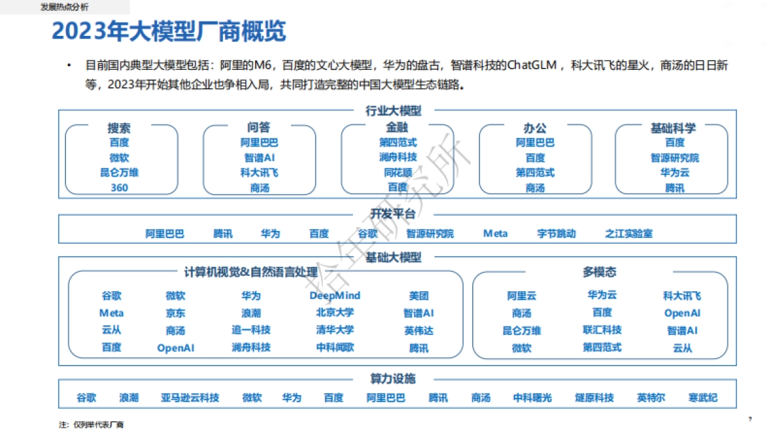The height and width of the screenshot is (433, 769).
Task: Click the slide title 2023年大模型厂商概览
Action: click(169, 31)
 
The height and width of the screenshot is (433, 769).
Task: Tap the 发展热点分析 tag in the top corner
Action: click(64, 6)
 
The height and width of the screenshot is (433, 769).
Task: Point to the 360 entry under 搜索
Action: click(119, 188)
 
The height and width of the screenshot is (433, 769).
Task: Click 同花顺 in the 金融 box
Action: click(397, 173)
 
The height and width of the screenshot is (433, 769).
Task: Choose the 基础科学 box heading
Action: click(673, 128)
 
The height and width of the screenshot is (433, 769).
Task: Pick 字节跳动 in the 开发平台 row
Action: click(556, 234)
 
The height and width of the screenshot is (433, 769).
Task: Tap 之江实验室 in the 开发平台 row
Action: click(629, 234)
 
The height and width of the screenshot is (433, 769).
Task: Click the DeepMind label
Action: click(335, 296)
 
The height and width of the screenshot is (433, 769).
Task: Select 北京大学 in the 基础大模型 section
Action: click(335, 313)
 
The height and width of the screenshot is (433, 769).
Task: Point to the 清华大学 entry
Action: click(335, 330)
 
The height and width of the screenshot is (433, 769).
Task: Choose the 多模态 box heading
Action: click(600, 272)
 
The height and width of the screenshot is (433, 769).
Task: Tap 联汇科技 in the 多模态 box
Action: click(602, 330)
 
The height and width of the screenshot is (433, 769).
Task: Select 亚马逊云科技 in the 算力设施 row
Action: click(190, 398)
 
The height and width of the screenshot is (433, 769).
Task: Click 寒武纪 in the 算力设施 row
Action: click(703, 398)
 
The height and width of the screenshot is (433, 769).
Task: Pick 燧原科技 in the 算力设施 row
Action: click(594, 398)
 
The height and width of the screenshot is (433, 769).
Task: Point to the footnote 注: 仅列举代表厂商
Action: click(91, 425)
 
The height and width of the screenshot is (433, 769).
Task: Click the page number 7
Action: click(750, 420)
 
